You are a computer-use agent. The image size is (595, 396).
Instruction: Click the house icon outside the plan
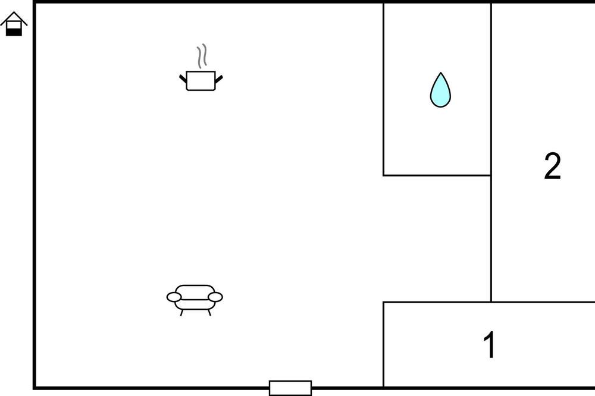point(14,24)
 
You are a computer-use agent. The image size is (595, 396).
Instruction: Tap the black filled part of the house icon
point(14,32)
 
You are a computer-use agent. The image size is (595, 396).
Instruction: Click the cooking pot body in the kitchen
point(201,81)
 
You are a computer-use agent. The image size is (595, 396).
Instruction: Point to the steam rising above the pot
point(202,56)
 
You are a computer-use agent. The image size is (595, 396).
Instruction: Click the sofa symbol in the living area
point(195,300)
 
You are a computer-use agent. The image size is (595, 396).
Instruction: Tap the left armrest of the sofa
point(174,297)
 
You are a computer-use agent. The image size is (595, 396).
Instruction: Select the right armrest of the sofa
point(215,297)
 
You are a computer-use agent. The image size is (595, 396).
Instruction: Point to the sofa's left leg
point(181,313)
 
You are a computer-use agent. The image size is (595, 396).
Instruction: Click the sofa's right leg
point(209,313)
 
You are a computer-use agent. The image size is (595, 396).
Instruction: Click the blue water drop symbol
point(440,91)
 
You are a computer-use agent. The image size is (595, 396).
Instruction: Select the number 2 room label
point(552,166)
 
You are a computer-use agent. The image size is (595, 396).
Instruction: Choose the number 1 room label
point(490,344)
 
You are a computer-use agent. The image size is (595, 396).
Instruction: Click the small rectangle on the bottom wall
point(290,388)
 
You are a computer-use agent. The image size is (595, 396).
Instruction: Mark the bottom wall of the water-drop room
point(437,175)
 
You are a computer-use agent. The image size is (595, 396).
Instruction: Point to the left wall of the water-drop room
point(383,89)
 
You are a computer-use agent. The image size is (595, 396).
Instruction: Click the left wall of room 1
point(383,344)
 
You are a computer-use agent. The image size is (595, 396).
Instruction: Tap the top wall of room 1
point(488,302)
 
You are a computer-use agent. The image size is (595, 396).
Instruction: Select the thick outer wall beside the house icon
point(35,195)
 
